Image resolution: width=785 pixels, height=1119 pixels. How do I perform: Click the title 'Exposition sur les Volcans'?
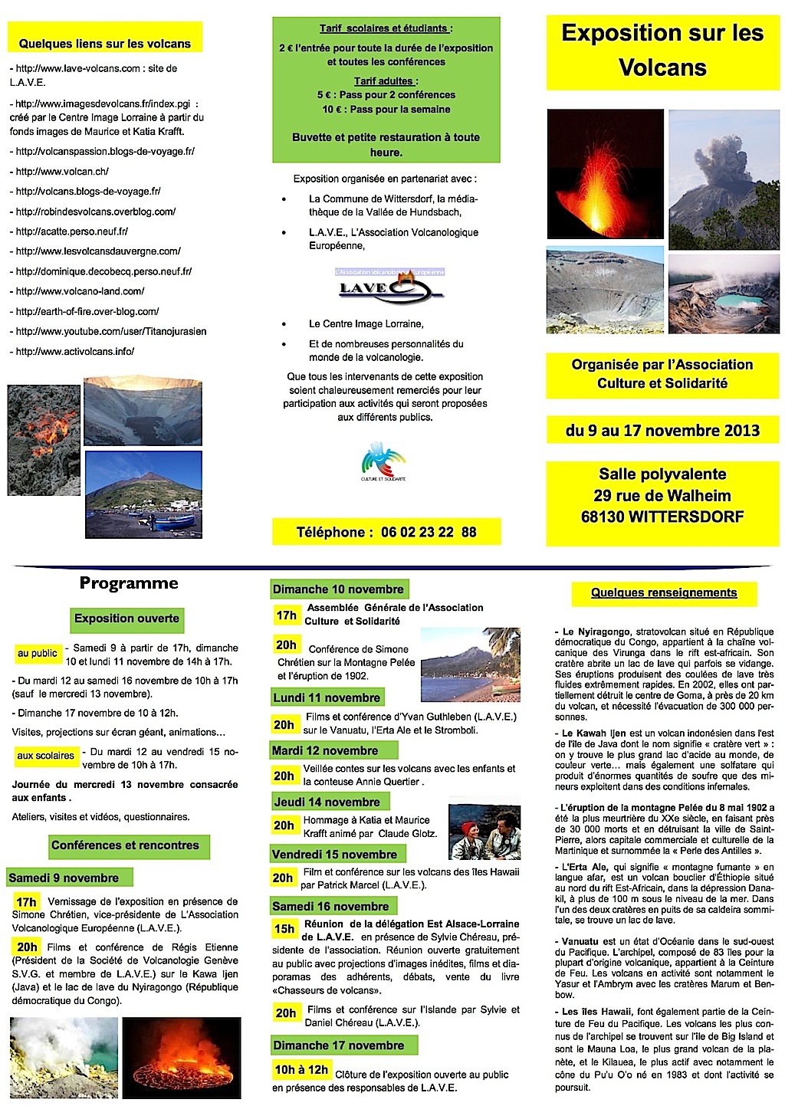pos(662,50)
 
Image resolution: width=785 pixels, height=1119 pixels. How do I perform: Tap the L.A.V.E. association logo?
pos(390,287)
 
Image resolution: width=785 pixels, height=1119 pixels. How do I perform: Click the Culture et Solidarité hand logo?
pos(383,460)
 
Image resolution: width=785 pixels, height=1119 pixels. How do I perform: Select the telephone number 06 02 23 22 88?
pos(428,532)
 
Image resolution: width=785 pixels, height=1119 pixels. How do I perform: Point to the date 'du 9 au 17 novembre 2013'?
pos(662,430)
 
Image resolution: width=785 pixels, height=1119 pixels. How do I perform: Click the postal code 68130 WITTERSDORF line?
pos(662,517)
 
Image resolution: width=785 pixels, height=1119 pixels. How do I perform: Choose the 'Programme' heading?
pos(129,583)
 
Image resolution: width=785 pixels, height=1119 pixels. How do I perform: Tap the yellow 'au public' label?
pos(38,653)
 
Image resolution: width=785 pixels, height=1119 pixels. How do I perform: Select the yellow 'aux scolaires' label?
pos(46,756)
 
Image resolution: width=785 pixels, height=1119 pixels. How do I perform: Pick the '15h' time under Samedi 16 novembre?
pos(284,929)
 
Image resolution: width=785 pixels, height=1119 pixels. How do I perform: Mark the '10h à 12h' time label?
pos(301,1069)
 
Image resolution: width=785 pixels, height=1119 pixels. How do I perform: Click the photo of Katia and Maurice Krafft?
pos(484,831)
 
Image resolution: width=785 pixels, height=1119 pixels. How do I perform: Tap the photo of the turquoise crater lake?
pos(724,294)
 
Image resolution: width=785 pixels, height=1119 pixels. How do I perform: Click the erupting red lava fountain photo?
pos(605,173)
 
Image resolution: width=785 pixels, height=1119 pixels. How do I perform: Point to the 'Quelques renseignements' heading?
pos(664,592)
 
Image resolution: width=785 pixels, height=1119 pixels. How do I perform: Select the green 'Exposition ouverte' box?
pos(126,619)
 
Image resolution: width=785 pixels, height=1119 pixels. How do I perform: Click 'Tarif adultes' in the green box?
pos(386,80)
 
